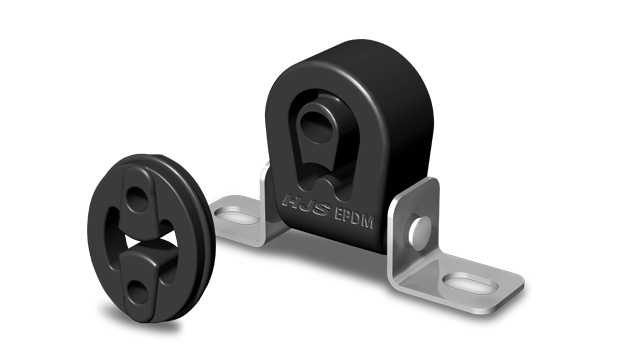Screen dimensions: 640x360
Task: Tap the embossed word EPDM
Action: (354, 218)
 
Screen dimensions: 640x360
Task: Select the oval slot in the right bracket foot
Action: (470, 283)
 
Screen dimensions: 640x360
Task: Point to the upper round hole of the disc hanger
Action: (137, 199)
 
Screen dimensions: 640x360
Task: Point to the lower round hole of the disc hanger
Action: (138, 291)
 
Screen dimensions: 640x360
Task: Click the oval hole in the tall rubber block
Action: (316, 122)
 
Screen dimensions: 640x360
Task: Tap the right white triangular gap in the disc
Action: (171, 240)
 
